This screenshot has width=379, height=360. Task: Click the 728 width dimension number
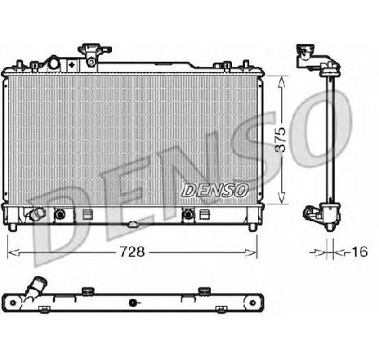[132, 251]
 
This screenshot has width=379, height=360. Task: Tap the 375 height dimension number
[280, 140]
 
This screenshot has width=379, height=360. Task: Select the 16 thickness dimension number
[359, 251]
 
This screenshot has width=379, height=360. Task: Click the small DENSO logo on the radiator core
[215, 190]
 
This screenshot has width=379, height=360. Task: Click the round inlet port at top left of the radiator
[54, 63]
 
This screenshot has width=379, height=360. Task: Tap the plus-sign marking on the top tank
[72, 64]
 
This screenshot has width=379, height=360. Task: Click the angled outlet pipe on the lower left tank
[37, 213]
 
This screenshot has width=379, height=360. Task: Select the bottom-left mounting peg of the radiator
[12, 228]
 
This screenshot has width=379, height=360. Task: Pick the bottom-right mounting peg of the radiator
[253, 228]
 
